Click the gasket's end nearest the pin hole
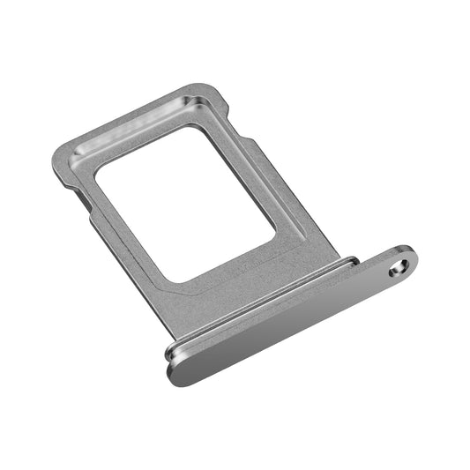[353, 261]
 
